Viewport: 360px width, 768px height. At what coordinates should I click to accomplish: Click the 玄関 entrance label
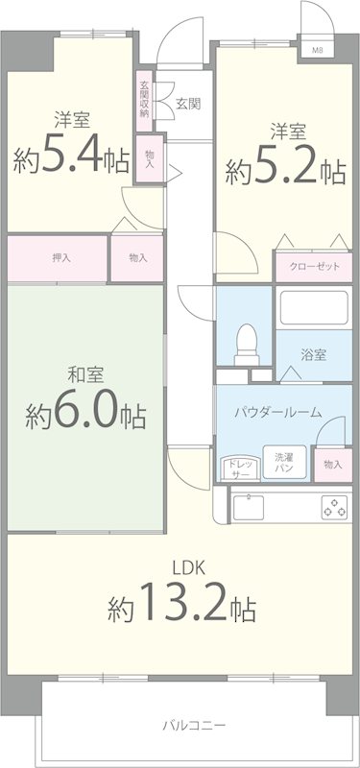[188, 103]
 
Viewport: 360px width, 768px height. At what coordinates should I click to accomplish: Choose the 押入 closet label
[60, 257]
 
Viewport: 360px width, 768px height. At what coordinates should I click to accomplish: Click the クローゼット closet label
[313, 267]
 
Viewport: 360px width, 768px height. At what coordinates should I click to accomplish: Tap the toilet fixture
[247, 342]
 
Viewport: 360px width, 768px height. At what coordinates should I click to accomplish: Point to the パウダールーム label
[278, 413]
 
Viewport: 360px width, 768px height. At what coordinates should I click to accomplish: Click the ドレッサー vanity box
[237, 468]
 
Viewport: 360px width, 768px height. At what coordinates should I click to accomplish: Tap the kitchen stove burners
[333, 506]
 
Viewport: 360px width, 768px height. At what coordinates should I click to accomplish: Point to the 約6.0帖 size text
[85, 414]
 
